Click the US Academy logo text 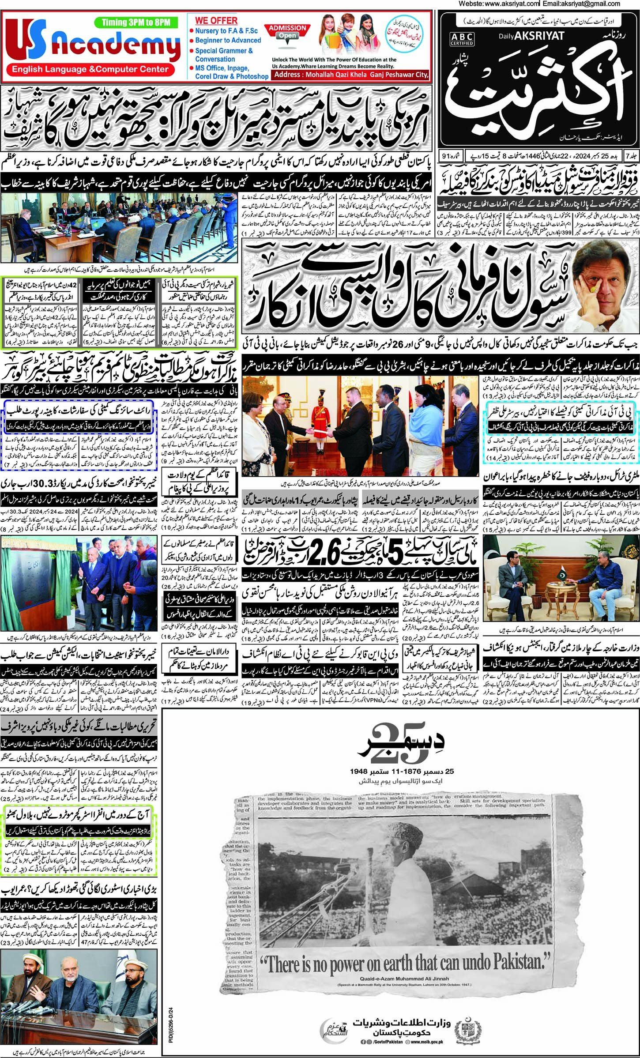pyautogui.click(x=93, y=45)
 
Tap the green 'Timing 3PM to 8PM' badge pyautogui.click(x=136, y=23)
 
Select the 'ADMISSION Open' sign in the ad pyautogui.click(x=287, y=32)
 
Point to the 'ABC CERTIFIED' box pyautogui.click(x=462, y=39)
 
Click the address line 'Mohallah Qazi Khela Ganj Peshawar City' pyautogui.click(x=351, y=75)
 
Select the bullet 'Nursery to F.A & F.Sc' pyautogui.click(x=226, y=31)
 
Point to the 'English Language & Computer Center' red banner pyautogui.click(x=90, y=69)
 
